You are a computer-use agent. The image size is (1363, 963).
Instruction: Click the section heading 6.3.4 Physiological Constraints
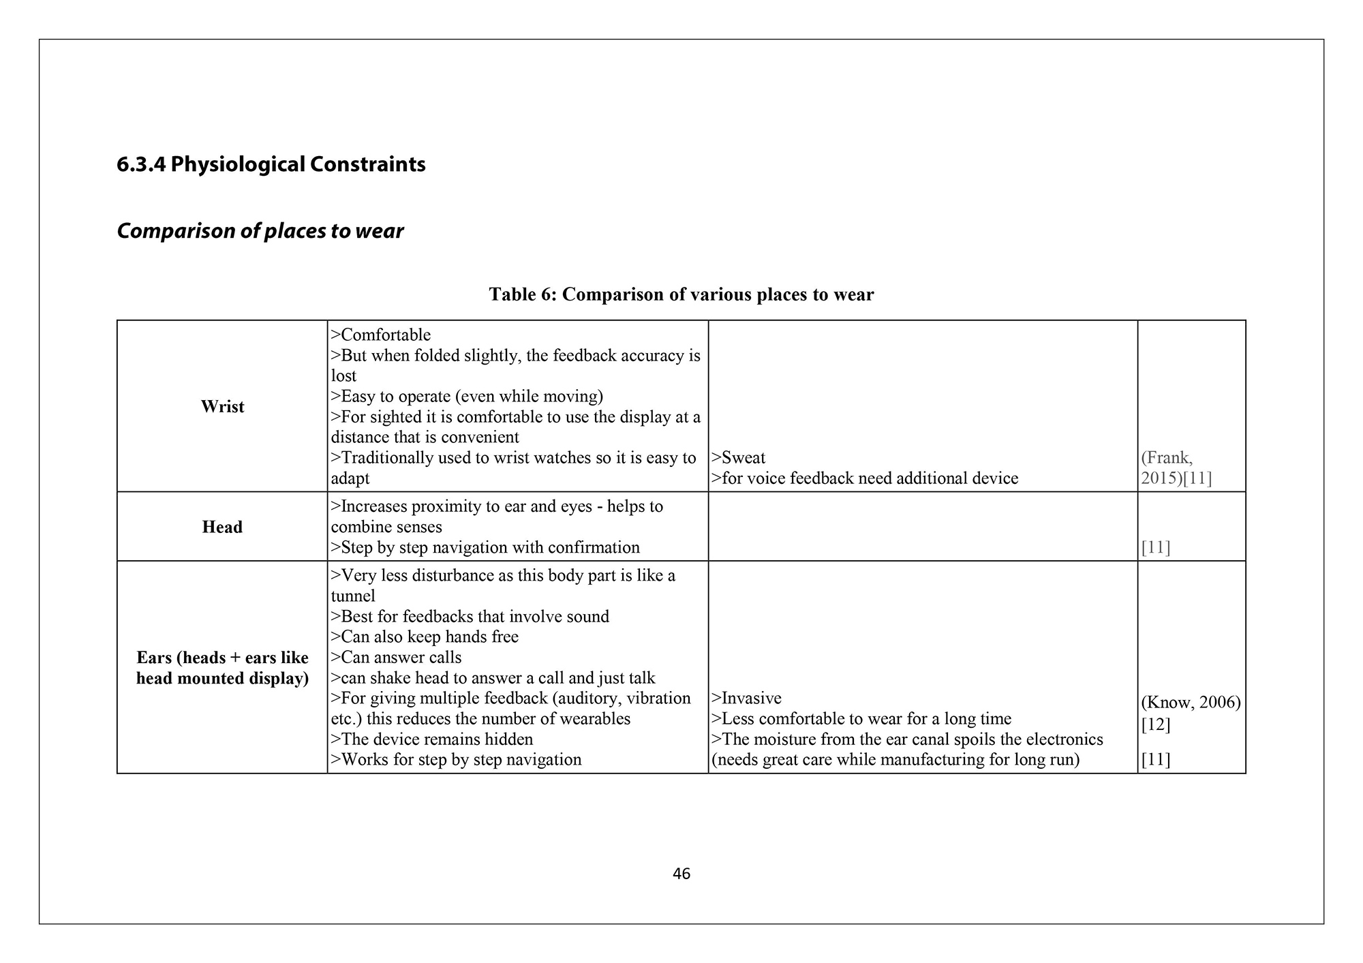pyautogui.click(x=271, y=164)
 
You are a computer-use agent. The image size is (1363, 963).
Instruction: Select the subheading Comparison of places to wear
pyautogui.click(x=260, y=231)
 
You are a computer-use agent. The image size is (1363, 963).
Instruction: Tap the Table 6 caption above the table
pyautogui.click(x=681, y=294)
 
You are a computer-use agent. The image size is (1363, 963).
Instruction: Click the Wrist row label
pyautogui.click(x=222, y=407)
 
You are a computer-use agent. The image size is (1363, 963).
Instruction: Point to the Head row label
pyautogui.click(x=222, y=527)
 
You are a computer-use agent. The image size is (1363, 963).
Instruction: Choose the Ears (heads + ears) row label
pyautogui.click(x=222, y=668)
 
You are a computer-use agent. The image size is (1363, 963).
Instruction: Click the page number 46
pyautogui.click(x=681, y=874)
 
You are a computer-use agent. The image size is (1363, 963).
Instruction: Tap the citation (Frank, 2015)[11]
pyautogui.click(x=1176, y=468)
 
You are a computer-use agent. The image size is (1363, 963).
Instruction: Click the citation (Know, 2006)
pyautogui.click(x=1191, y=703)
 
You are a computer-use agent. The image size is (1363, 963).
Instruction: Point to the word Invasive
pyautogui.click(x=751, y=699)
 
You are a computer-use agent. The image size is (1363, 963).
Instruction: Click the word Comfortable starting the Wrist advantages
pyautogui.click(x=386, y=335)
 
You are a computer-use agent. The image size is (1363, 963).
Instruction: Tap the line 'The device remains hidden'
pyautogui.click(x=436, y=739)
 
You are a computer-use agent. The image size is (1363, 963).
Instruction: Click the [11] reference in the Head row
pyautogui.click(x=1155, y=548)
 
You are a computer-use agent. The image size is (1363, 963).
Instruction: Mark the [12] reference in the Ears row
pyautogui.click(x=1155, y=724)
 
